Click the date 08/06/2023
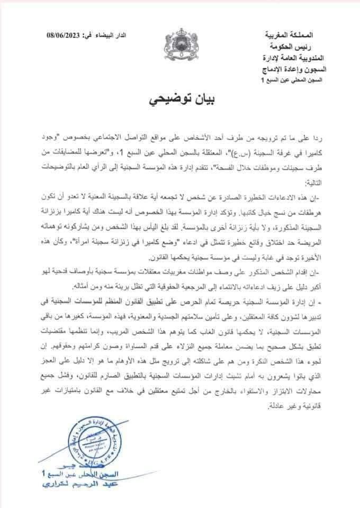tap(64, 34)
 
